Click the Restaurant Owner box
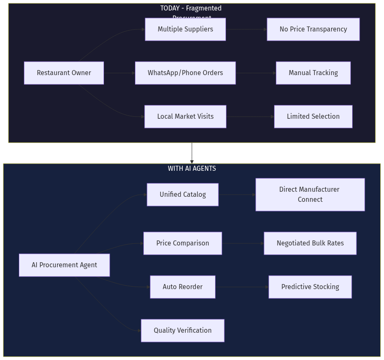click(64, 73)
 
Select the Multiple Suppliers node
click(185, 29)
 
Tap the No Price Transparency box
click(313, 29)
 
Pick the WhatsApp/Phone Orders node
click(185, 73)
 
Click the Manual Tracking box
click(313, 73)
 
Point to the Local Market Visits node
click(185, 117)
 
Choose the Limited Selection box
click(313, 117)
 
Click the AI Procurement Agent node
click(64, 265)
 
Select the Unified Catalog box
click(183, 195)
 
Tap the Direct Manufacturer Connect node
click(310, 195)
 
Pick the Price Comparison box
click(183, 243)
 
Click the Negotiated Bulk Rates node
click(310, 243)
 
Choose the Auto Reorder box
click(183, 287)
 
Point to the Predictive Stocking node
click(310, 287)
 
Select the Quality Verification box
click(183, 331)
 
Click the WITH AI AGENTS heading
click(192, 169)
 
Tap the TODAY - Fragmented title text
click(191, 8)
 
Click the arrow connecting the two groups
click(192, 153)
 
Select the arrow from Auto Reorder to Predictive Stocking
click(242, 287)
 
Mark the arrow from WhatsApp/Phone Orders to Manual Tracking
click(256, 73)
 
